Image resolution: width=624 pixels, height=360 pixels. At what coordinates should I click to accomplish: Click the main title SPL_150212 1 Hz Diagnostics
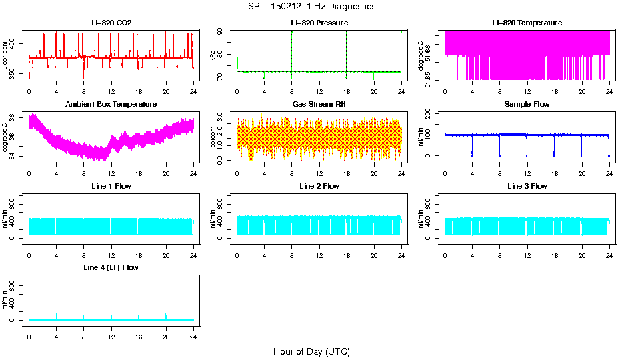tap(311, 7)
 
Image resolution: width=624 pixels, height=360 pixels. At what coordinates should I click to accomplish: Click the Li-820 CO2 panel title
tap(111, 23)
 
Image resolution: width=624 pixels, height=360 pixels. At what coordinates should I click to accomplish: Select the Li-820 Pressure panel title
tap(319, 23)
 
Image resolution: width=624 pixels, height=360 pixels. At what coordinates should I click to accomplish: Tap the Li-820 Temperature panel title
tap(527, 23)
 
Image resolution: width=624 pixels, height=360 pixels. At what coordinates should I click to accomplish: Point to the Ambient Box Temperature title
tap(111, 105)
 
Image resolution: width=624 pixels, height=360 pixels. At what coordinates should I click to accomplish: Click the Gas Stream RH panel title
tap(319, 105)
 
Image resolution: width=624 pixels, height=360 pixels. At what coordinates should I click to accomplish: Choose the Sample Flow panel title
tap(527, 105)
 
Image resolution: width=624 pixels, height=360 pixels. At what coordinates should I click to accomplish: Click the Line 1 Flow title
tap(111, 186)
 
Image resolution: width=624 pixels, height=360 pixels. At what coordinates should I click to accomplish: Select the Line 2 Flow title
tap(319, 186)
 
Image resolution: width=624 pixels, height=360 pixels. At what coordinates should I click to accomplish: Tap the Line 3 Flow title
tap(527, 186)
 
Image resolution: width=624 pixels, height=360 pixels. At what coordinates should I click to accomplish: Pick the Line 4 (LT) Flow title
tap(111, 268)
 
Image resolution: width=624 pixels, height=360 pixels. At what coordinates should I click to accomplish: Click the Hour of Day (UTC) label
tap(311, 351)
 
